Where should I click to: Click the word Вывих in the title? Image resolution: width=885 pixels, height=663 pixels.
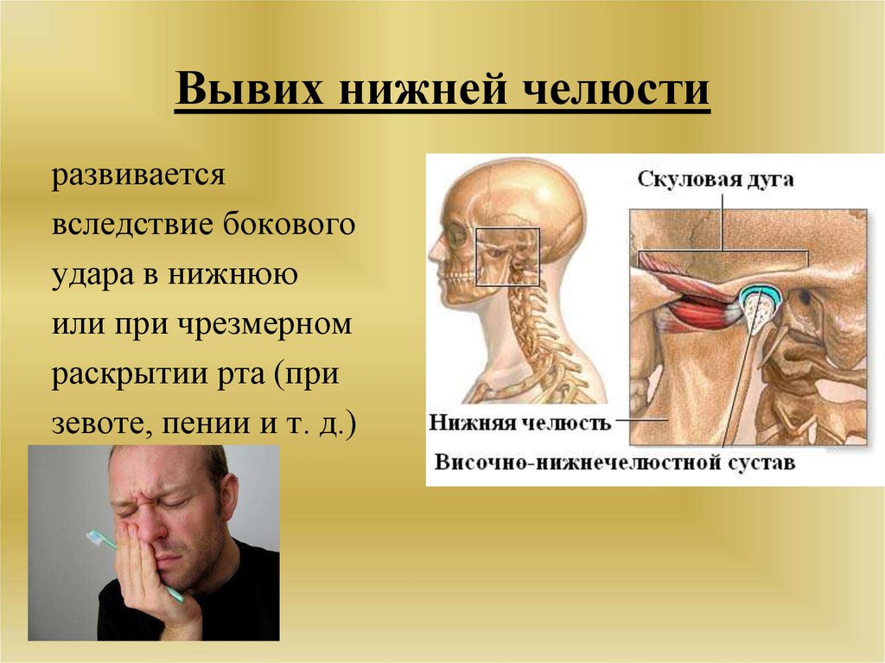pyautogui.click(x=250, y=89)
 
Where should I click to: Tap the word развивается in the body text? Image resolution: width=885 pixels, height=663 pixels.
pyautogui.click(x=138, y=175)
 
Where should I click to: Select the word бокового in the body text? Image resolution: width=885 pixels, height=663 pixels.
pyautogui.click(x=289, y=224)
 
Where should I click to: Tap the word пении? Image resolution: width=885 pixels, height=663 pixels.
pyautogui.click(x=206, y=424)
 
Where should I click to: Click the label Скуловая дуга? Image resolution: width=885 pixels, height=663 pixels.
pyautogui.click(x=716, y=180)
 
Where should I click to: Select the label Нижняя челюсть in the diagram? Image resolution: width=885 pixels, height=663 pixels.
pyautogui.click(x=519, y=422)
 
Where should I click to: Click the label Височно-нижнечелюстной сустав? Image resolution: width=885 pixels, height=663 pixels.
pyautogui.click(x=614, y=462)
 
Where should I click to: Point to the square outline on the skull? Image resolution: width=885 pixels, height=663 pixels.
pyautogui.click(x=507, y=229)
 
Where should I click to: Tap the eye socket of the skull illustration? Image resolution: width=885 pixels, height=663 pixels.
pyautogui.click(x=458, y=237)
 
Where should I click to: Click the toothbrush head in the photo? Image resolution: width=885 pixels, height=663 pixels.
pyautogui.click(x=95, y=539)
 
